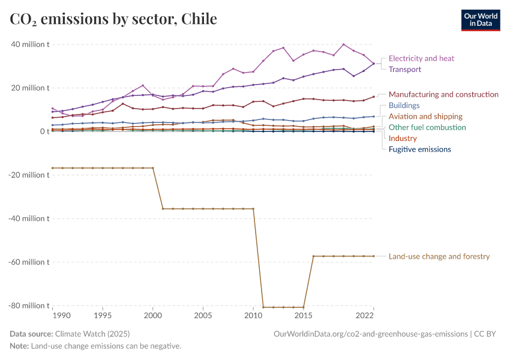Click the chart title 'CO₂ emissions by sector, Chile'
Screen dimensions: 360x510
pyautogui.click(x=113, y=19)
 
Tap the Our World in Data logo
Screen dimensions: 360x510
pyautogui.click(x=481, y=19)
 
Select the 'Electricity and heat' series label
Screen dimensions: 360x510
pyautogui.click(x=421, y=59)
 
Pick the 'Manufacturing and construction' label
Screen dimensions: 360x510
pyautogui.click(x=443, y=95)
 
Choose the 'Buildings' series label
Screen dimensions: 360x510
pyautogui.click(x=404, y=106)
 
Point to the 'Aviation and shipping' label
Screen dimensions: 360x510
pyautogui.click(x=425, y=116)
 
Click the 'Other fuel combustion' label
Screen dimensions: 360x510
pyautogui.click(x=427, y=127)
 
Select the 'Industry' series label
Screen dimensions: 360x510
pyautogui.click(x=403, y=139)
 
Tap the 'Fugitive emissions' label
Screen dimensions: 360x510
pyautogui.click(x=419, y=149)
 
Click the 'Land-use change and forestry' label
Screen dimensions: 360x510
pyautogui.click(x=439, y=257)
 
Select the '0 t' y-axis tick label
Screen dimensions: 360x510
pyautogui.click(x=44, y=131)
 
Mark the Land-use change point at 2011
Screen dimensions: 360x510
pyautogui.click(x=263, y=307)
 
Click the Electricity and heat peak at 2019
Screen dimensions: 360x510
pyautogui.click(x=343, y=44)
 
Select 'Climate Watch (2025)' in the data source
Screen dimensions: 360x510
pyautogui.click(x=92, y=334)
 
